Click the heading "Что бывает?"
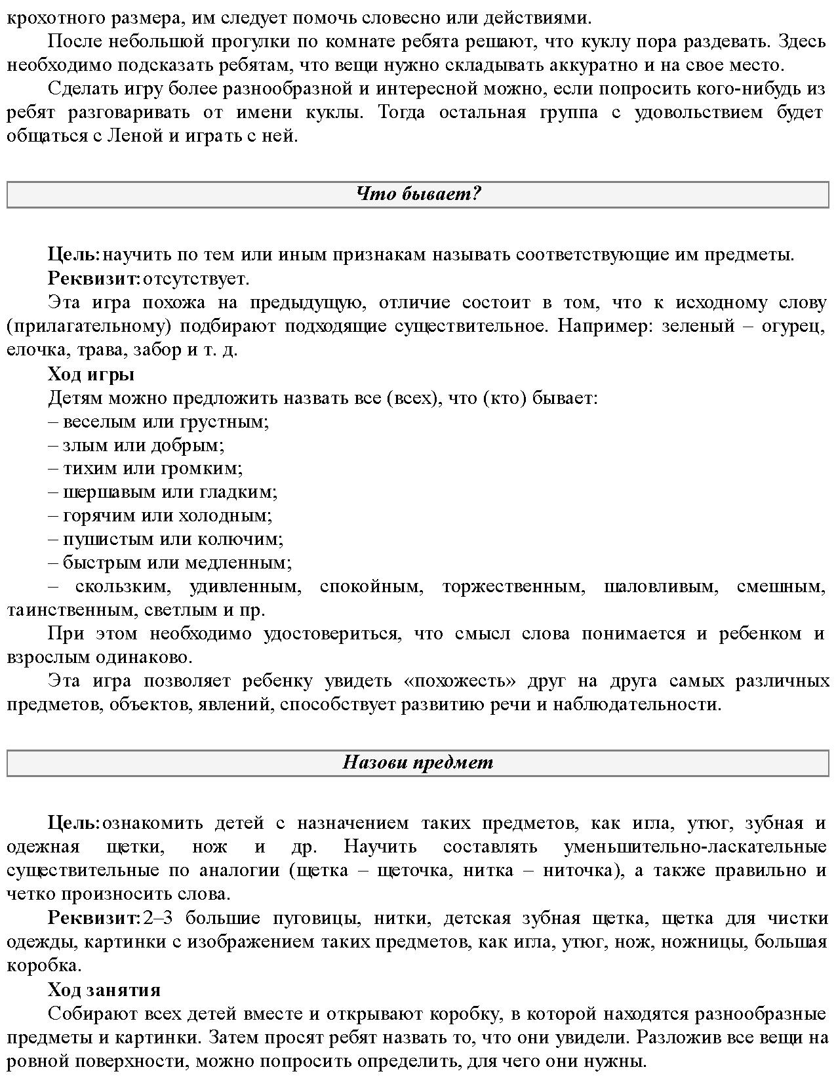(x=418, y=194)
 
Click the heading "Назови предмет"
(x=418, y=763)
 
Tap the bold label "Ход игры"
(x=91, y=374)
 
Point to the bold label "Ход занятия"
(x=104, y=990)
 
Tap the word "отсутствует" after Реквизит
(x=195, y=279)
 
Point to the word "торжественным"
(x=513, y=587)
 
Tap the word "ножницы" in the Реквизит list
(x=704, y=942)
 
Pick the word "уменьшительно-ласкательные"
(x=695, y=847)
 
